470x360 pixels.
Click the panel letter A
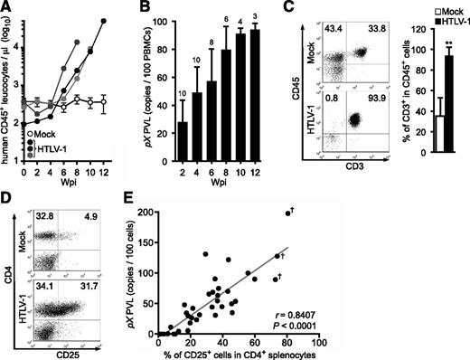pyautogui.click(x=7, y=7)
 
